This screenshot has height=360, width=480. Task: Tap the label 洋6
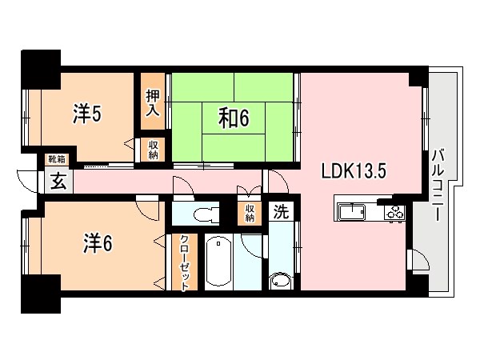tap(98, 242)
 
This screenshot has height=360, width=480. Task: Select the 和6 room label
tap(235, 118)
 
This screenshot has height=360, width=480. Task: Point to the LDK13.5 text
tap(355, 171)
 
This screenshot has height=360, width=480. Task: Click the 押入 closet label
tap(153, 102)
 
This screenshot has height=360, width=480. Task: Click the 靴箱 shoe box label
tap(56, 160)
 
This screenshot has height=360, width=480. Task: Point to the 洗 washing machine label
tap(280, 212)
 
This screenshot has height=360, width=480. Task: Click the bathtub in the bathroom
tap(217, 262)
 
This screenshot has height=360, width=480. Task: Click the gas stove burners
tap(395, 212)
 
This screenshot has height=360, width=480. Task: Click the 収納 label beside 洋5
tap(153, 150)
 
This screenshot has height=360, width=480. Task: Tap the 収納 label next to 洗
tap(250, 213)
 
